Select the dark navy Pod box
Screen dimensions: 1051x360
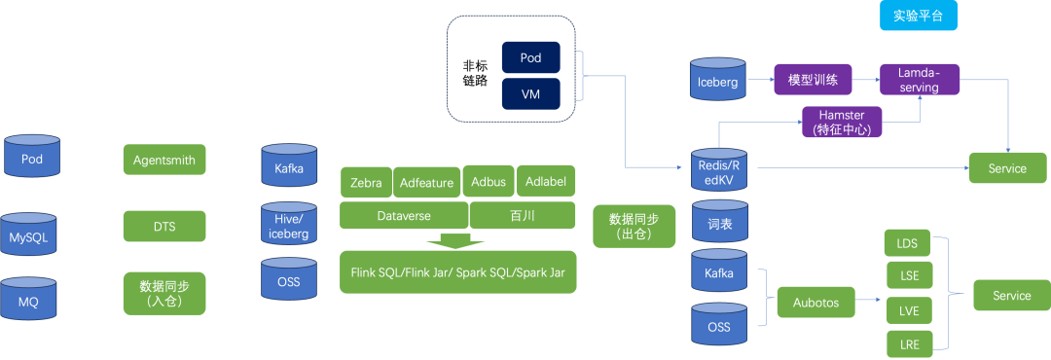tap(531, 58)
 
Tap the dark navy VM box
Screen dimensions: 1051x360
tap(531, 93)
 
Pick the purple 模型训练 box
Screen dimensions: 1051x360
tap(813, 79)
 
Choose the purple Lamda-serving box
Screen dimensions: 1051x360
tap(919, 79)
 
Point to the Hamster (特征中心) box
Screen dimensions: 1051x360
tap(841, 122)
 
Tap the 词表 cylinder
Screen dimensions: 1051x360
tap(719, 221)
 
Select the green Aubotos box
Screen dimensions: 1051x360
tap(816, 302)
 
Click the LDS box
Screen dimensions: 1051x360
tap(908, 242)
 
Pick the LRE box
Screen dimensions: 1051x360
tap(910, 344)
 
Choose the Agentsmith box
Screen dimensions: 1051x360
tap(164, 160)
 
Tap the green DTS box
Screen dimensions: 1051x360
tap(164, 227)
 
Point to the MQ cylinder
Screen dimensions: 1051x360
tap(28, 299)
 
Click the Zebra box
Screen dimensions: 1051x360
tap(366, 182)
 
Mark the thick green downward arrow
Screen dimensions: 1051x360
tap(455, 240)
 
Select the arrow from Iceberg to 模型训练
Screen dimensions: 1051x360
tap(761, 79)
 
